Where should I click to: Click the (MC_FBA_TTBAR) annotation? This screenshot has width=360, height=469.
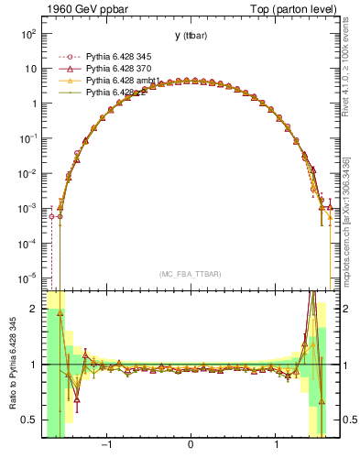coord(190,274)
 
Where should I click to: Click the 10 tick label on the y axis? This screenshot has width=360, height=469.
coord(30,69)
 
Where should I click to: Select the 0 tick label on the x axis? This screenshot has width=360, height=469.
coord(190,446)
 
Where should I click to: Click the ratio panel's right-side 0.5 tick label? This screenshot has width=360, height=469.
coord(345,420)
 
